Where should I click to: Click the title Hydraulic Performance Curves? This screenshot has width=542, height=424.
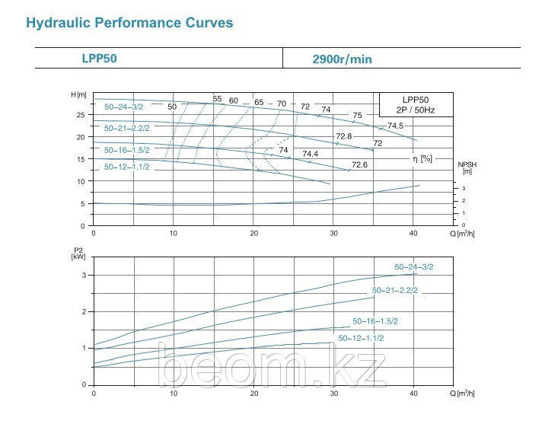point(129,23)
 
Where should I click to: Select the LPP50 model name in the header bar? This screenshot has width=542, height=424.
point(99,57)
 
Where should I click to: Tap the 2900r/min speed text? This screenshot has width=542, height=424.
point(343,59)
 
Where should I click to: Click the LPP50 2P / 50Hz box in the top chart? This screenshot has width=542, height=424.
point(416,104)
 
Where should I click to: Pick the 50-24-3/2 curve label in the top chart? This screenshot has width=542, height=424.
point(123,107)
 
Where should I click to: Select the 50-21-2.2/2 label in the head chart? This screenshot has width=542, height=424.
point(128,128)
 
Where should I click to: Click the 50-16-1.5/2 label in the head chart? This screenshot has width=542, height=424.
point(128,150)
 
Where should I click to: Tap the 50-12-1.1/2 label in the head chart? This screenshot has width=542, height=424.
point(126,166)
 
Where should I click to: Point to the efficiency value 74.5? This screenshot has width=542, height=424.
point(395,126)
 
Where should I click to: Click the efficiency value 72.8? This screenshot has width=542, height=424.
point(344,136)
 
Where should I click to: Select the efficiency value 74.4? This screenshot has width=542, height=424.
point(310,154)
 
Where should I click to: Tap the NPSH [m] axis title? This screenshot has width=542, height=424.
point(467,168)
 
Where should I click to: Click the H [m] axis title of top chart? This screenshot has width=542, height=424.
point(78,94)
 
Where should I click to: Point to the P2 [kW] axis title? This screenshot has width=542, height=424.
point(78,253)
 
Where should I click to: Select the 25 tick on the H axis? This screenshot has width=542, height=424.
point(80,115)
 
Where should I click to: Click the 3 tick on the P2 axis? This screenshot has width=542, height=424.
point(84,275)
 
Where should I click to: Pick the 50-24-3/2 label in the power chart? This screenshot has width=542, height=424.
point(413,266)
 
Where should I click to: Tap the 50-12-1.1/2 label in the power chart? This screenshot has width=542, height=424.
point(361,337)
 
